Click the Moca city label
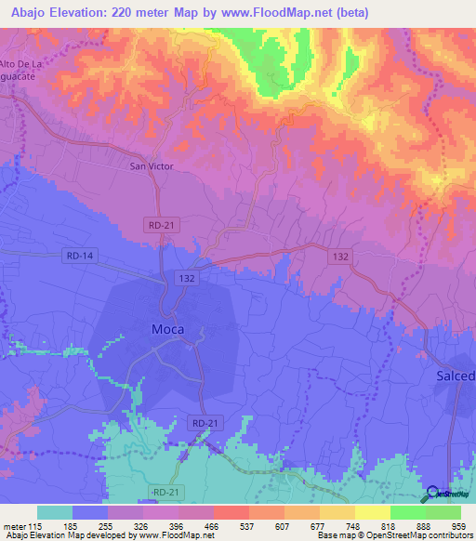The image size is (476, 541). click(x=167, y=329)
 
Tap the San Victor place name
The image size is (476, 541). click(x=151, y=167)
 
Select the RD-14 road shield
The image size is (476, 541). click(x=82, y=256)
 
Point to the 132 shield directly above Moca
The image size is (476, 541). click(x=185, y=277)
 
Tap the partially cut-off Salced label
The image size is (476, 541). click(x=456, y=376)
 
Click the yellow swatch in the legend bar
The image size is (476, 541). click(x=372, y=512)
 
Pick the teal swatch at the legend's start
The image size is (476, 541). click(x=54, y=512)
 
